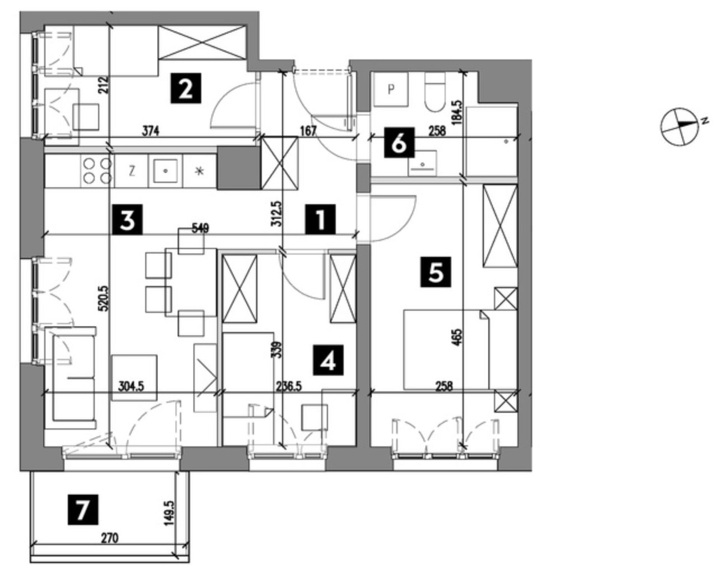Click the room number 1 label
(320, 220)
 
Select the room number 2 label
(186, 89)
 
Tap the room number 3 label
(127, 220)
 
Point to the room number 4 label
(328, 361)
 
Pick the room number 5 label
(435, 273)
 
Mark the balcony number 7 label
(82, 510)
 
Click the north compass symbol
(680, 125)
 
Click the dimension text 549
(200, 228)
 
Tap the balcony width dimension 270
(110, 538)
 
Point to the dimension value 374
(150, 132)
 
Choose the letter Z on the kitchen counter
(131, 171)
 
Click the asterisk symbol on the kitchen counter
(199, 171)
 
